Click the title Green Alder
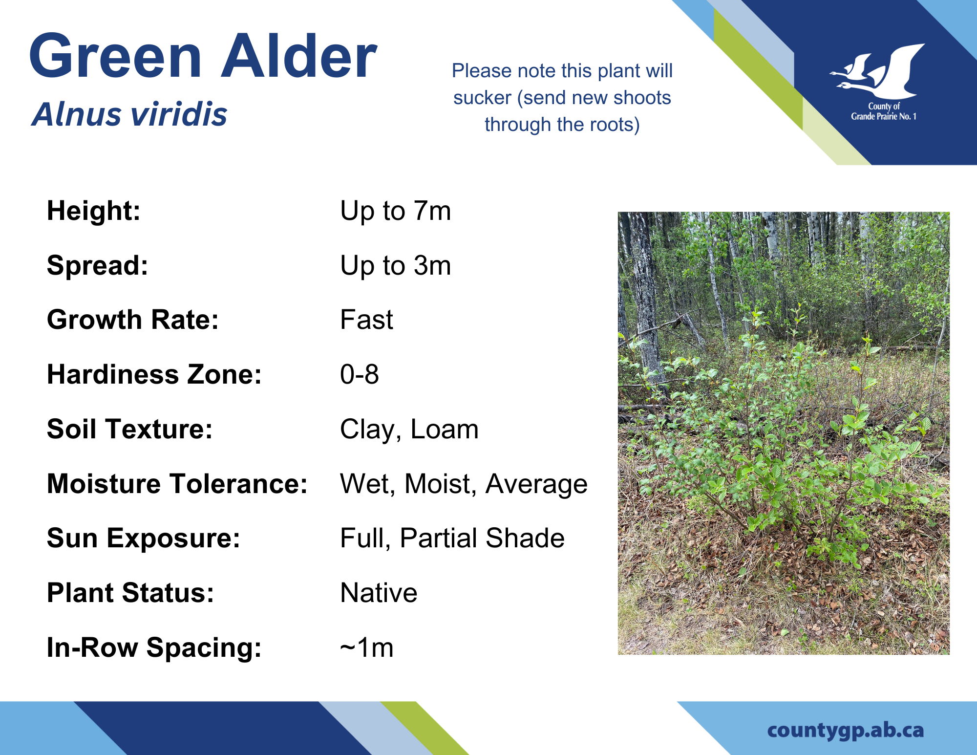click(x=203, y=56)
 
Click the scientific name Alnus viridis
click(x=130, y=115)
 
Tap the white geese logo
click(x=877, y=71)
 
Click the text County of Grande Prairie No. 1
click(x=884, y=111)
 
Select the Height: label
click(x=94, y=211)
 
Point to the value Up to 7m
click(x=396, y=211)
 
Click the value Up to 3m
click(x=396, y=266)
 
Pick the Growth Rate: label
click(x=133, y=320)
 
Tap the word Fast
click(x=367, y=320)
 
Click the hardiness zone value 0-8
click(x=360, y=375)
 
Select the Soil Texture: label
click(x=130, y=430)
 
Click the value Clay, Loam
click(x=409, y=430)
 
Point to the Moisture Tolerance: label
click(x=177, y=484)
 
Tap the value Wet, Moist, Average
click(x=464, y=485)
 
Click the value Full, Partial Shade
click(x=452, y=539)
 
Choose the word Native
click(x=379, y=593)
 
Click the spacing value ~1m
click(x=367, y=648)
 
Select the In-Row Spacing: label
click(x=154, y=648)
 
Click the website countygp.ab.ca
click(x=846, y=731)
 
